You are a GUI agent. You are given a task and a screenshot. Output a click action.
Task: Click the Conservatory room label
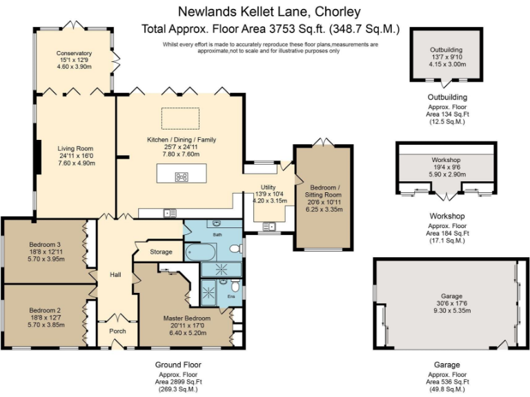[x=74, y=53]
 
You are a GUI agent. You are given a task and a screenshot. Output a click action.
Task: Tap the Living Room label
[x=75, y=149]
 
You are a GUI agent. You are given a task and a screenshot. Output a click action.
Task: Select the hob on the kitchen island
[x=181, y=177]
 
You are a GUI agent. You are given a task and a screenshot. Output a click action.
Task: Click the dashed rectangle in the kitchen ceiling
[x=180, y=118]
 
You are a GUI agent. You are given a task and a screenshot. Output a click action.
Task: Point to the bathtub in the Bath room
[x=199, y=252]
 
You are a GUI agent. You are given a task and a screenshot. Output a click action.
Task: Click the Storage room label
[x=161, y=252]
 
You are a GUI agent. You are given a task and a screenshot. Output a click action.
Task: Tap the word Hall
[x=115, y=275]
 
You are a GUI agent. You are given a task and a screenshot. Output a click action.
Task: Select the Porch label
[x=117, y=331]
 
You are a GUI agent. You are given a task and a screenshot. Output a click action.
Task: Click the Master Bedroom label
[x=187, y=318]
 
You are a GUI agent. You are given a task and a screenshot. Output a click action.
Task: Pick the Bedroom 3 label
[x=45, y=245]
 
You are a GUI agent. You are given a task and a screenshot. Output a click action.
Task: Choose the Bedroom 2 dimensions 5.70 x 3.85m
[x=46, y=325]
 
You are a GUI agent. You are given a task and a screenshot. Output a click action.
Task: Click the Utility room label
[x=268, y=187]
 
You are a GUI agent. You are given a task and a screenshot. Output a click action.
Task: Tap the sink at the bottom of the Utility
[x=269, y=226]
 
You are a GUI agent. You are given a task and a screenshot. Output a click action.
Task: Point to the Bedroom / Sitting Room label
[x=323, y=191]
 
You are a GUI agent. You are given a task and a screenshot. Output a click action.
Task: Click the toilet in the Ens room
[x=235, y=285]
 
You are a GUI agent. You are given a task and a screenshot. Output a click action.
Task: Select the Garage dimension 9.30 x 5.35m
[x=452, y=311]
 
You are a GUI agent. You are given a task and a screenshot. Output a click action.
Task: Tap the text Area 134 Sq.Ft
[x=447, y=114]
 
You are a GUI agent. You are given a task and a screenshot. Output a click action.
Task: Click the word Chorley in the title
[x=337, y=12]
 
